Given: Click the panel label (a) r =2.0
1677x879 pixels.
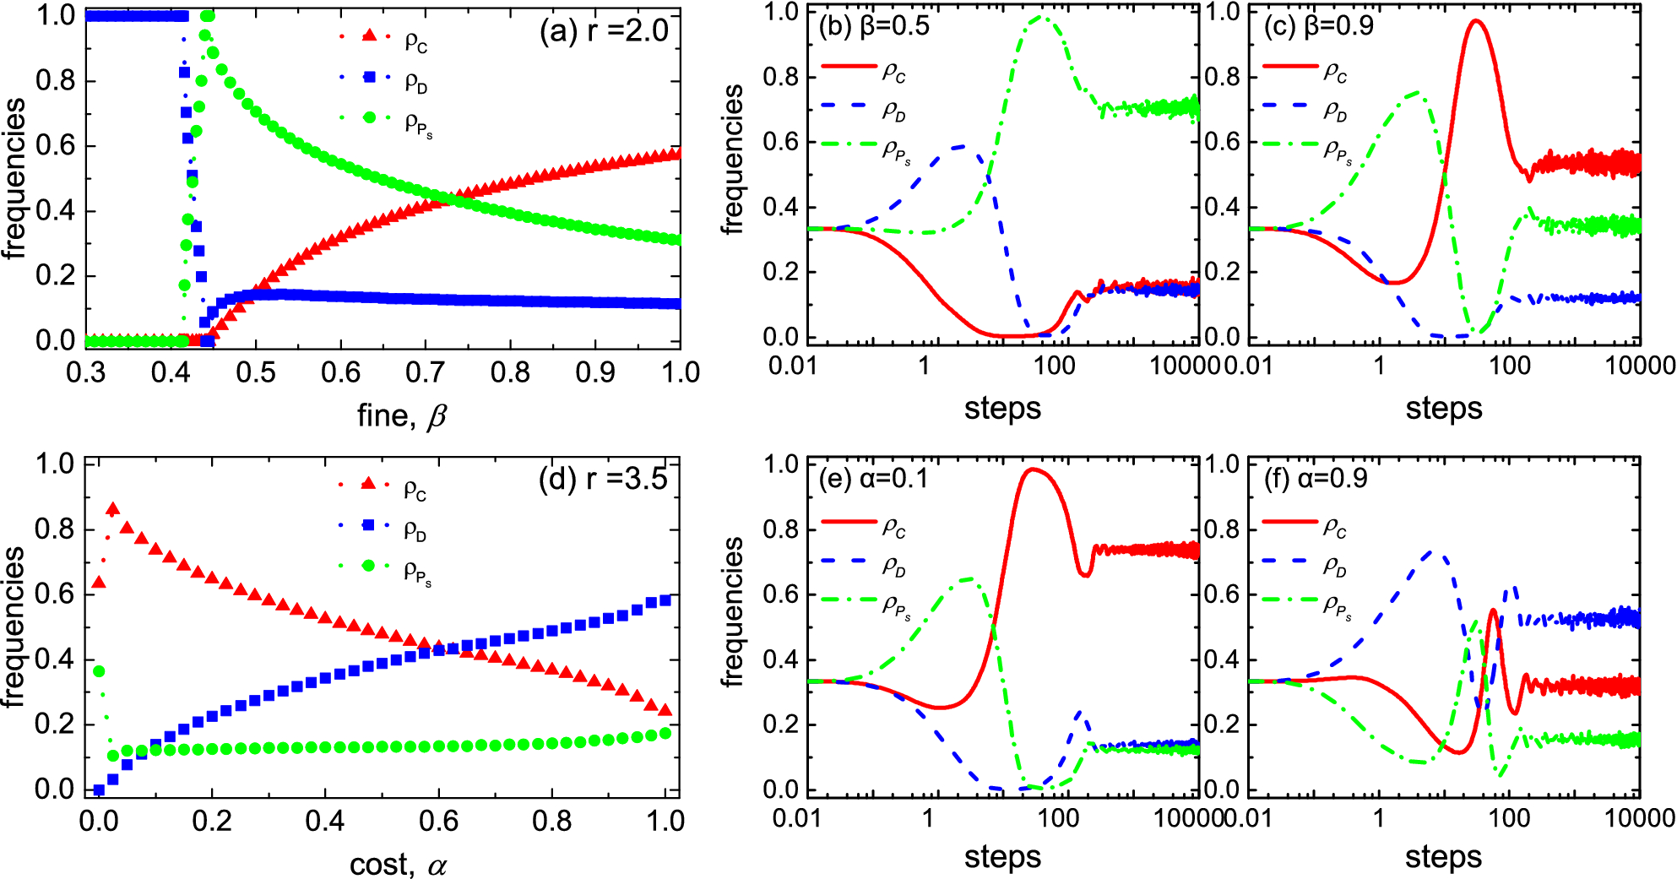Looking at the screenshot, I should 604,31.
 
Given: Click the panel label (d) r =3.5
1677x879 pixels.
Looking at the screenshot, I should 603,479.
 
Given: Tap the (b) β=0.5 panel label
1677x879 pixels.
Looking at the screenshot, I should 874,26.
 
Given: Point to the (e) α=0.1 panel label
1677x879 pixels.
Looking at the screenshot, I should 873,479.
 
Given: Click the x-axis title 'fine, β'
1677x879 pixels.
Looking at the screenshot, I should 401,415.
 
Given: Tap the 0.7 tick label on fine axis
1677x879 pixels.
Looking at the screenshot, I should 426,372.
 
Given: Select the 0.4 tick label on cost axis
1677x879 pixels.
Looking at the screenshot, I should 325,821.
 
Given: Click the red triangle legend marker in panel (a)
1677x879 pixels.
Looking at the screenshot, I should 369,36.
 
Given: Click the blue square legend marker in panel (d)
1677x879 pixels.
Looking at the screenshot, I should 368,525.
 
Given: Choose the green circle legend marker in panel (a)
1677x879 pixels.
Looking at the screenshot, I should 369,117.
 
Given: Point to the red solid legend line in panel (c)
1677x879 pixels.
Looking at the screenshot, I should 1289,66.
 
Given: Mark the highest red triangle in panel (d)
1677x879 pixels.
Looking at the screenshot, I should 112,509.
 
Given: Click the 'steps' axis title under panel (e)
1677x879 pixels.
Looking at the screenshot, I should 1002,856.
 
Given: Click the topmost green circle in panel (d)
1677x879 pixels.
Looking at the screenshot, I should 99,671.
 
